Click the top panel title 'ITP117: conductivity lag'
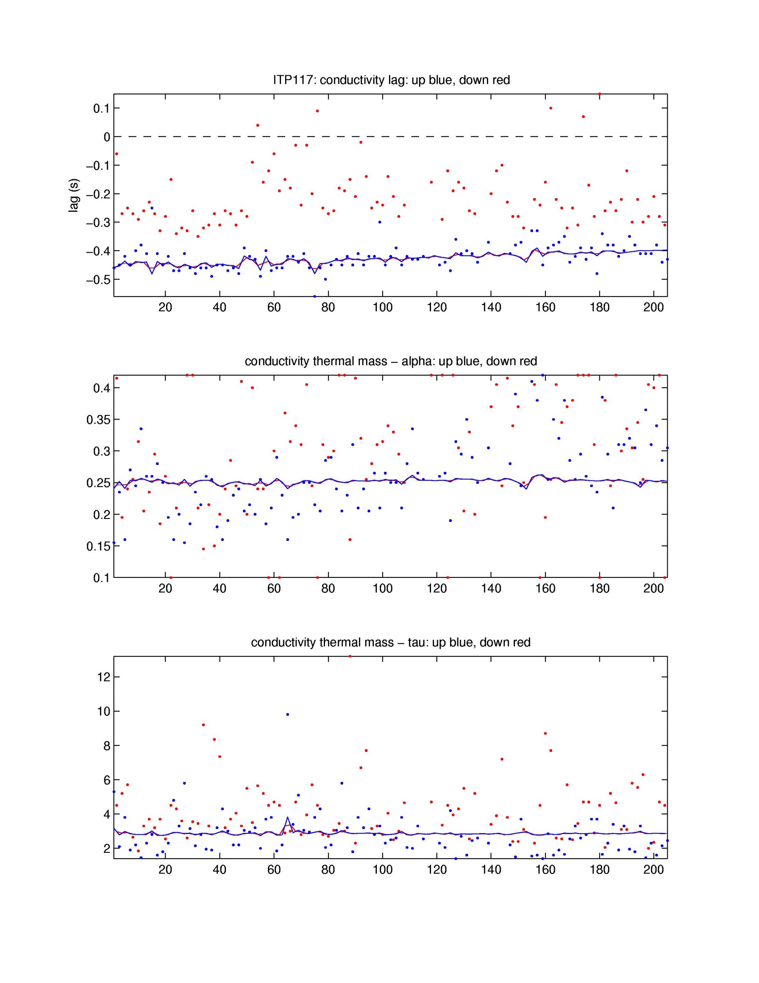(391, 80)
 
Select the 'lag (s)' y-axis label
(73, 195)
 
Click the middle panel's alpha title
(391, 361)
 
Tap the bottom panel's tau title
(391, 642)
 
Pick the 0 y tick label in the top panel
(107, 137)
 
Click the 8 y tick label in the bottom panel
(107, 745)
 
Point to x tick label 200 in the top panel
(654, 308)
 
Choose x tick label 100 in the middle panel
(383, 589)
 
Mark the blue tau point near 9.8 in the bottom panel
(287, 714)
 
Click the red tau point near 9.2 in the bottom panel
(203, 725)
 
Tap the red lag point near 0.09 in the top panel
(317, 111)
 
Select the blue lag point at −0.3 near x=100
(380, 222)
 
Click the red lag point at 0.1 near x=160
(551, 108)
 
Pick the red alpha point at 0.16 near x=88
(350, 539)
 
